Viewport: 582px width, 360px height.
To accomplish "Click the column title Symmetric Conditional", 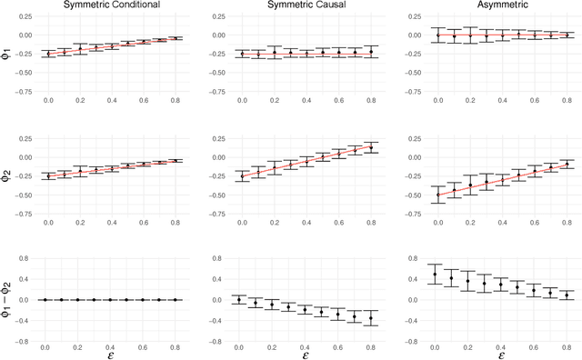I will pyautogui.click(x=111, y=5).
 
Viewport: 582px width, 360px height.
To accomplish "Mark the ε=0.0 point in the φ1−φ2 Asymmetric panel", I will pyautogui.click(x=436, y=274).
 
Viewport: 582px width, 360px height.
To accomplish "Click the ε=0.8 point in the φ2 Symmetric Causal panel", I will pyautogui.click(x=370, y=147).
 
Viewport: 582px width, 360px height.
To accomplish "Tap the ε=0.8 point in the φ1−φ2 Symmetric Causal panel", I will pyautogui.click(x=370, y=317).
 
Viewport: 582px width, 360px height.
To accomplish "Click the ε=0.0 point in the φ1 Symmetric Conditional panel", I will pyautogui.click(x=48, y=55).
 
